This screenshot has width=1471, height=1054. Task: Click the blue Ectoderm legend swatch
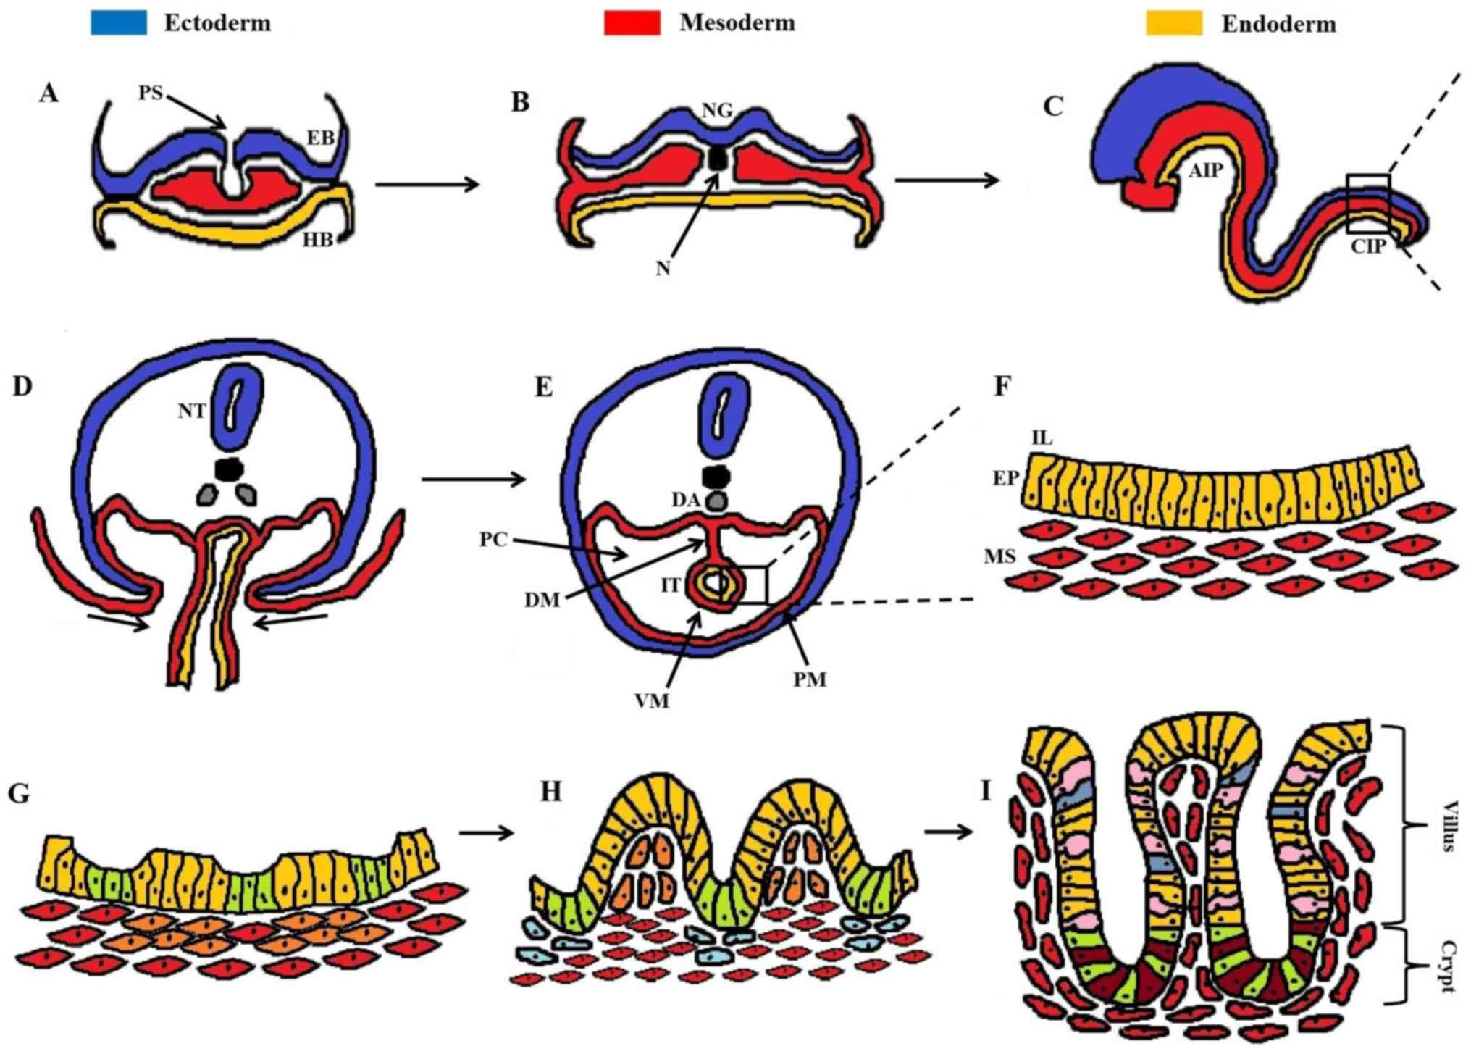(x=119, y=22)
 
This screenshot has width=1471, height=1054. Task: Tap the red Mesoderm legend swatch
(x=632, y=22)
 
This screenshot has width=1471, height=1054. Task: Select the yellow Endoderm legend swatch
(x=1173, y=23)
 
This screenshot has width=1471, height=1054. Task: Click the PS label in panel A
(x=151, y=93)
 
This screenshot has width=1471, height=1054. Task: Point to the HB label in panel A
(x=317, y=240)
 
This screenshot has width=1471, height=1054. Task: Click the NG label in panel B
(x=717, y=110)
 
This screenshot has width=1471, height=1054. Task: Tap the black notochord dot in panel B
(x=718, y=159)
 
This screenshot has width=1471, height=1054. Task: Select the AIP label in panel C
(x=1205, y=171)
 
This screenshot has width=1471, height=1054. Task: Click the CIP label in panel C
(x=1368, y=246)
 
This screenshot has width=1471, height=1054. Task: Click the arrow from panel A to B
(x=427, y=184)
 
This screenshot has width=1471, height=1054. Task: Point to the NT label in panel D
(x=192, y=411)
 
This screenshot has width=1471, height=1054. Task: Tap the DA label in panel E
(x=685, y=500)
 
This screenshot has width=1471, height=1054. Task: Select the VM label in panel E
(x=651, y=701)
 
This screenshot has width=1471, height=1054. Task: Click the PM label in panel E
(x=809, y=679)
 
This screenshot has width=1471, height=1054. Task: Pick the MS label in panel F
(x=999, y=556)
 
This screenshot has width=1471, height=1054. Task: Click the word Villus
(x=1449, y=826)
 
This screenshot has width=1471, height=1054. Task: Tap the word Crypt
(x=1449, y=966)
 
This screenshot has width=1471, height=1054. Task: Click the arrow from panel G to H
(x=486, y=833)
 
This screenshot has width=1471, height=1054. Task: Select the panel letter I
(x=985, y=791)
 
